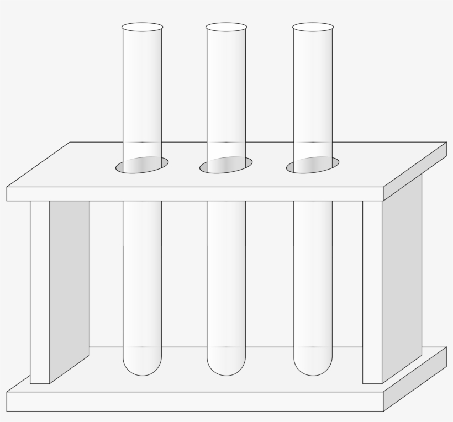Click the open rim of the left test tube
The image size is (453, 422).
(143, 27)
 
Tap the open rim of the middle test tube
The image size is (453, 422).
(227, 27)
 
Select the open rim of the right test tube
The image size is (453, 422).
(313, 27)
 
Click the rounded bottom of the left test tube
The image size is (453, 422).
(143, 365)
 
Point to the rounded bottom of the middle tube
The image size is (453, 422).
(227, 365)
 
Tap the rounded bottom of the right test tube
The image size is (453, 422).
(313, 365)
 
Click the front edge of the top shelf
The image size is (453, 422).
(193, 194)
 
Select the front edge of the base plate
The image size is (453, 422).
(193, 402)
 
